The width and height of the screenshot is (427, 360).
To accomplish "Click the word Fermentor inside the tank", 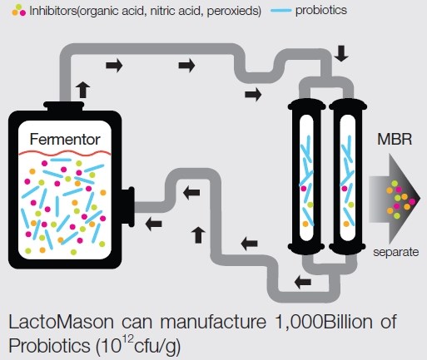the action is tap(65, 139).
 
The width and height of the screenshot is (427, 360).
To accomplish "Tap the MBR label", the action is tap(395, 139).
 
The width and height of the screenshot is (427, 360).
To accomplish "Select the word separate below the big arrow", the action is tap(396, 252).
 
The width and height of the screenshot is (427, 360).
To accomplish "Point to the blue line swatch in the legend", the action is tap(281, 11).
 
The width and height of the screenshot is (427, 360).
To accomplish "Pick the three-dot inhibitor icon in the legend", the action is tap(18, 10).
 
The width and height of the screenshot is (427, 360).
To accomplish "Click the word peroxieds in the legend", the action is tap(232, 11).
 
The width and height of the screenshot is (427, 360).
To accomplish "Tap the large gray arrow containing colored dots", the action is tap(394, 199).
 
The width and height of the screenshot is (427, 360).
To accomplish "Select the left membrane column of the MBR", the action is tap(306, 175).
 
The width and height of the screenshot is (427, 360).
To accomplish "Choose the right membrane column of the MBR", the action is tap(347, 175).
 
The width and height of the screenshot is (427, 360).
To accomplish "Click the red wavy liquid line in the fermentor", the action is tap(65, 153).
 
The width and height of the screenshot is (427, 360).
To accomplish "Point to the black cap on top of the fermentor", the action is tap(64, 106).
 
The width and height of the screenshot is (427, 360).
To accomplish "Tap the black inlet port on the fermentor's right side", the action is tap(128, 207).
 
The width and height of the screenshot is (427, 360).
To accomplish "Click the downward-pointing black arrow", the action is tap(341, 53).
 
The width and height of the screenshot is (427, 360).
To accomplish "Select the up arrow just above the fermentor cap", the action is tap(83, 90).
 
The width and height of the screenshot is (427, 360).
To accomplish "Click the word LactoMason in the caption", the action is tap(62, 322).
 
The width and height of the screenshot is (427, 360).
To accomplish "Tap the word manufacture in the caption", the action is tap(213, 322).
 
